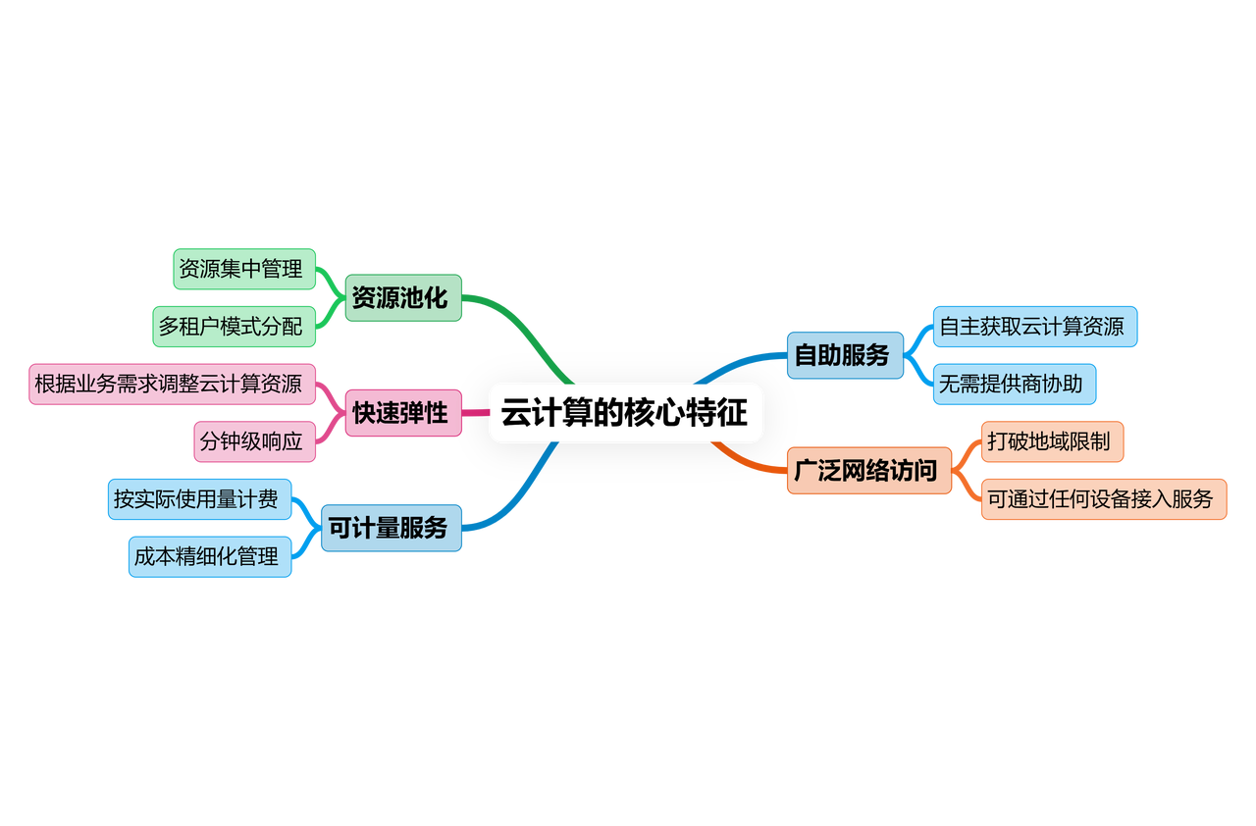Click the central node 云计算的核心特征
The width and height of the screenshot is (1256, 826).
(x=626, y=413)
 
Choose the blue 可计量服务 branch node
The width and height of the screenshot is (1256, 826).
(x=392, y=528)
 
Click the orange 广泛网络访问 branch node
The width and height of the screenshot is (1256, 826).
(x=868, y=471)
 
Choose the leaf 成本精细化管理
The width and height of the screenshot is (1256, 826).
(x=209, y=556)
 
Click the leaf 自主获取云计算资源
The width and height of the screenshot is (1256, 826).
(x=1034, y=327)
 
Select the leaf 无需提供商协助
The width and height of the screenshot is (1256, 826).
(x=1014, y=384)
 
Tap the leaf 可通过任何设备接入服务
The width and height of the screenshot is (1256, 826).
(x=1103, y=499)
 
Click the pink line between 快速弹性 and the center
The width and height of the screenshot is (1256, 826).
(x=476, y=413)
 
